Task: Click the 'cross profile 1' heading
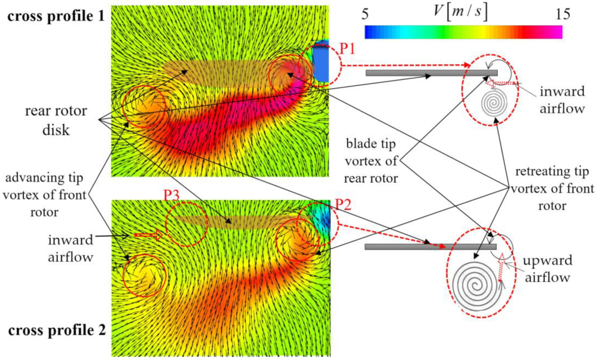click(x=56, y=16)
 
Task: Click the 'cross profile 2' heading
click(x=57, y=330)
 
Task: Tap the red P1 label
click(x=347, y=49)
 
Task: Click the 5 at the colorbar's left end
click(x=365, y=14)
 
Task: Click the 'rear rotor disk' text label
click(x=56, y=120)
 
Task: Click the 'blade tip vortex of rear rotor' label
click(x=371, y=161)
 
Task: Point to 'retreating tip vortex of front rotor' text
click(x=552, y=189)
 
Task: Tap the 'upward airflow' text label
click(x=548, y=269)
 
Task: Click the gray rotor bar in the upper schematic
click(x=431, y=73)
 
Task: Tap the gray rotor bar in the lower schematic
click(x=431, y=247)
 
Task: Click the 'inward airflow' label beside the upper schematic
click(x=562, y=100)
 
